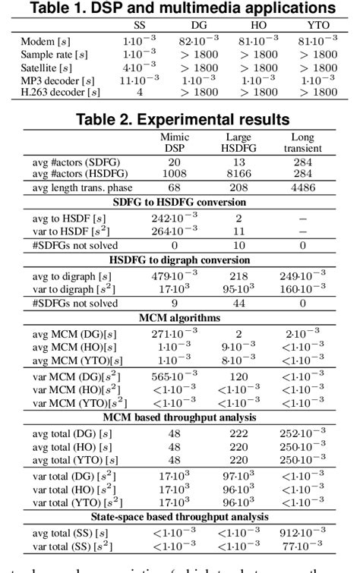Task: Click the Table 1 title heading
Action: point(180,8)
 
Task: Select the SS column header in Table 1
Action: point(139,24)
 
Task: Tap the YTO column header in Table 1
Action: point(318,24)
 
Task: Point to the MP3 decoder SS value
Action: point(139,80)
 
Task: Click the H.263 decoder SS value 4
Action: point(139,93)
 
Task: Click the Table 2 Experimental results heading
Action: point(183,119)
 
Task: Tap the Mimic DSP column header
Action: point(175,143)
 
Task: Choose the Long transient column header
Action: point(302,143)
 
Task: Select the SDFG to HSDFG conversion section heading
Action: point(180,202)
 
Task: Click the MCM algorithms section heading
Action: point(180,318)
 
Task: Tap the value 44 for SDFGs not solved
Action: point(238,304)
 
